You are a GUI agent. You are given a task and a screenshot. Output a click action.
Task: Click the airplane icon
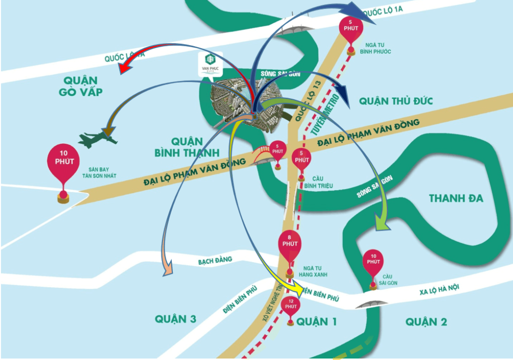(98, 139)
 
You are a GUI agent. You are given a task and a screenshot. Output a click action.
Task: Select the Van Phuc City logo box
(211, 63)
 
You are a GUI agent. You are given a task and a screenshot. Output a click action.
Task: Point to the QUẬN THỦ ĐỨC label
(396, 101)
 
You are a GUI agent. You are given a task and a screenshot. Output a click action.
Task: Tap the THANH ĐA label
(456, 199)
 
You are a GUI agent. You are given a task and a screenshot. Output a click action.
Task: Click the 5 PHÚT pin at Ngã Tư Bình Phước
(351, 29)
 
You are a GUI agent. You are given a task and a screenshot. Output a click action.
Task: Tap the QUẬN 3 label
(175, 319)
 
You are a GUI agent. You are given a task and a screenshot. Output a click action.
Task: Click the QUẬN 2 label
(426, 322)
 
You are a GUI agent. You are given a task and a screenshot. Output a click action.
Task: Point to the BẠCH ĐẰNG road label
(215, 260)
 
